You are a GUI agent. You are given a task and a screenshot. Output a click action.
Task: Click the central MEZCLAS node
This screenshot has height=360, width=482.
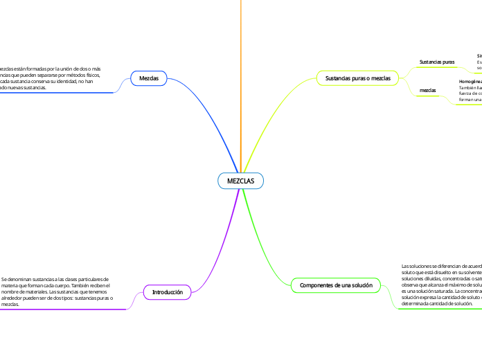click(241, 181)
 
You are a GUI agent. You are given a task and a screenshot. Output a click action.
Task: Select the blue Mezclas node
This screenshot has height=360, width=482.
click(149, 79)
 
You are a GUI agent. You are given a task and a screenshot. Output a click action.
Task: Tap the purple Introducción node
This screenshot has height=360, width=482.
click(167, 293)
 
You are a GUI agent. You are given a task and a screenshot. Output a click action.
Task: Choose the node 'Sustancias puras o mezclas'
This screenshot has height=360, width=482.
click(357, 78)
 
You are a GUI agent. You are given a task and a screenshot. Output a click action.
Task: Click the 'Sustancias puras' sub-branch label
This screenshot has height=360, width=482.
click(437, 62)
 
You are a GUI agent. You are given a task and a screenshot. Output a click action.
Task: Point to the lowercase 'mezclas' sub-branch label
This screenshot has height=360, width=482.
click(428, 91)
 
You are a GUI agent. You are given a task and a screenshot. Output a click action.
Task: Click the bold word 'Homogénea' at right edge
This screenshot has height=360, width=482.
click(471, 82)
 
